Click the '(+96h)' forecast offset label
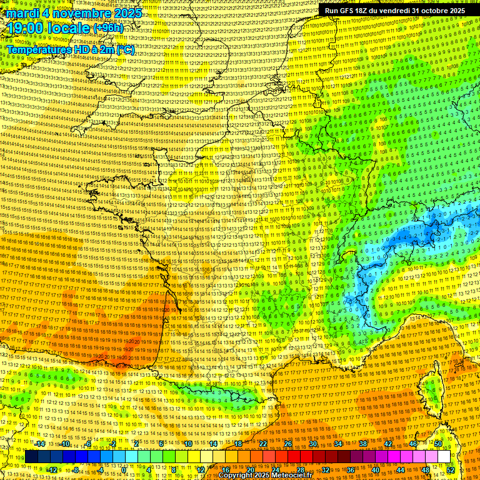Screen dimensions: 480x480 click(x=108, y=28)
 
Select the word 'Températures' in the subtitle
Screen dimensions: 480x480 click(x=39, y=49)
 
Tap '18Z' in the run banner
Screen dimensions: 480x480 click(x=369, y=11)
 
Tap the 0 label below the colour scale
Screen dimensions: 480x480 click(x=124, y=469)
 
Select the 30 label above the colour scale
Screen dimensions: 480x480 click(x=313, y=444)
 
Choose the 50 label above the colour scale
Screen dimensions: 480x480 click(x=438, y=444)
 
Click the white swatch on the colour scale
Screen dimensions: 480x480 click(x=444, y=457)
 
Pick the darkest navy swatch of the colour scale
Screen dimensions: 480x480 click(x=31, y=457)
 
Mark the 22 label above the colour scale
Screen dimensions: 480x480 click(x=263, y=444)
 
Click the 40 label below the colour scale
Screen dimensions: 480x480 click(x=376, y=469)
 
